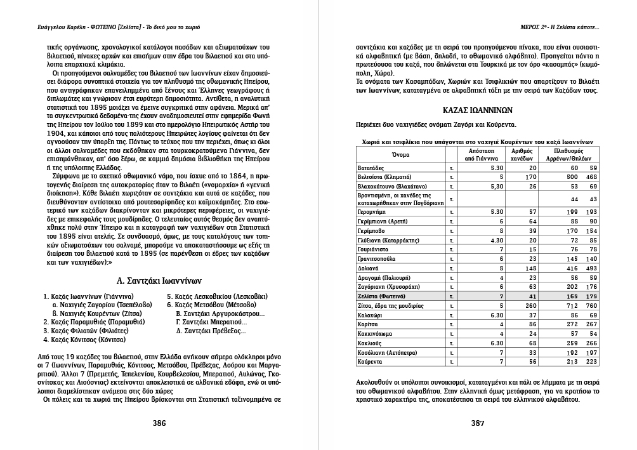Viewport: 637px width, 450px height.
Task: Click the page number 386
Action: pyautogui.click(x=159, y=423)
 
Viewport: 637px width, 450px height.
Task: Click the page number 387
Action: pyautogui.click(x=478, y=423)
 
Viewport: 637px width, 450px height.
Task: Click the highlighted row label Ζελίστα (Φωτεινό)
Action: pyautogui.click(x=381, y=296)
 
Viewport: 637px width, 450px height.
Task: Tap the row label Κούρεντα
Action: pyautogui.click(x=372, y=361)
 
